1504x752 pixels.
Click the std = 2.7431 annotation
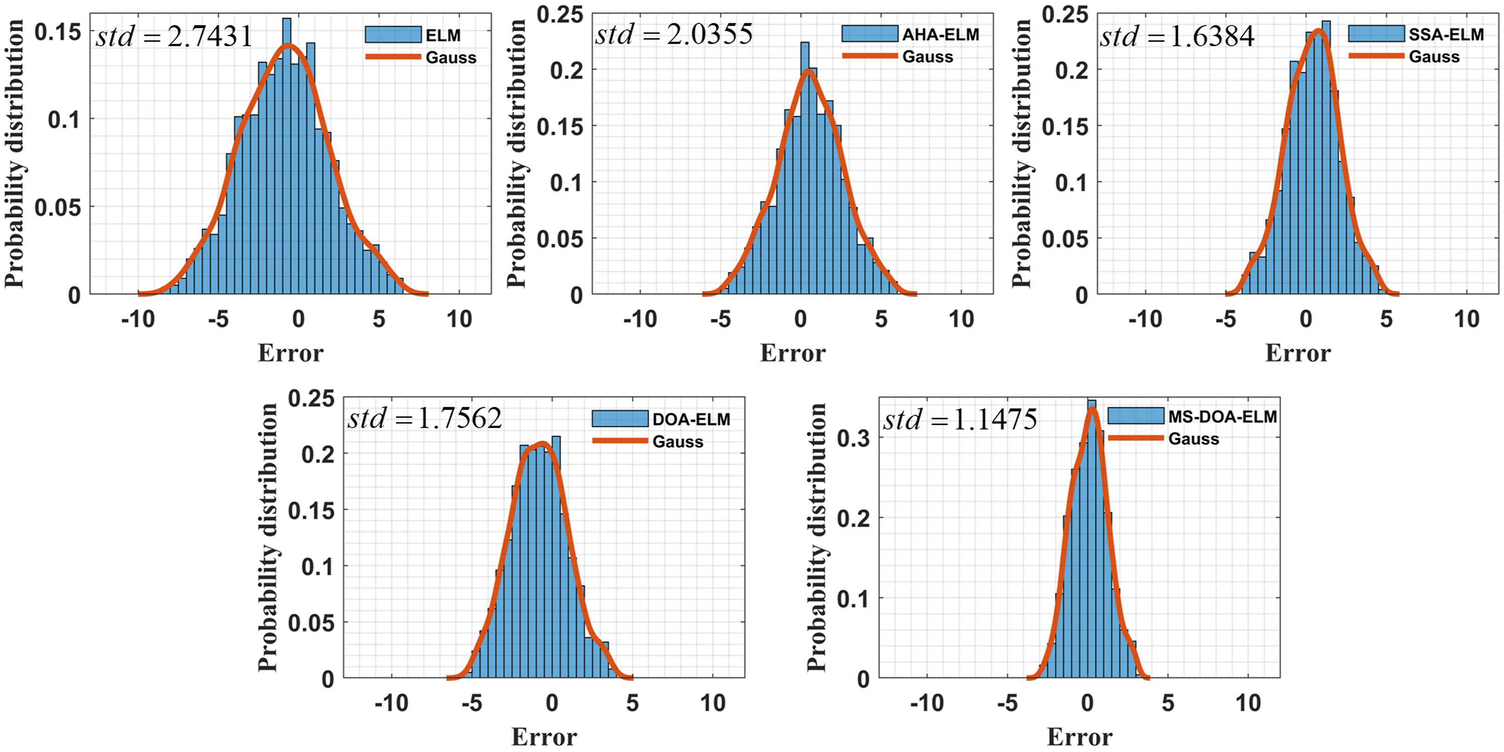pos(174,37)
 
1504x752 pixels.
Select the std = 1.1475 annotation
pos(960,419)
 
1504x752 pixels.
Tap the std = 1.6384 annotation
pos(1177,37)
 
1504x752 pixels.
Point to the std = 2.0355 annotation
pos(674,34)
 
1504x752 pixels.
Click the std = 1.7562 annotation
pos(425,419)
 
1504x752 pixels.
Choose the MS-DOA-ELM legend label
pos(1223,416)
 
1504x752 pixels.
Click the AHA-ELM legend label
pos(940,34)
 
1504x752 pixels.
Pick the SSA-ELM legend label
pos(1446,34)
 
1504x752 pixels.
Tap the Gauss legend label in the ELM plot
pos(451,58)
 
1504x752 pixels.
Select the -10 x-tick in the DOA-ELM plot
pos(391,703)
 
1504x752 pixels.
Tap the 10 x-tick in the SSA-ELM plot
pos(1466,319)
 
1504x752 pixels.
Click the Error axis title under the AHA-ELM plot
pos(792,353)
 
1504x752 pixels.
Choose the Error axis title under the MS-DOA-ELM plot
pos(1079,737)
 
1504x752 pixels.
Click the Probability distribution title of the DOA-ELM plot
pos(267,537)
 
